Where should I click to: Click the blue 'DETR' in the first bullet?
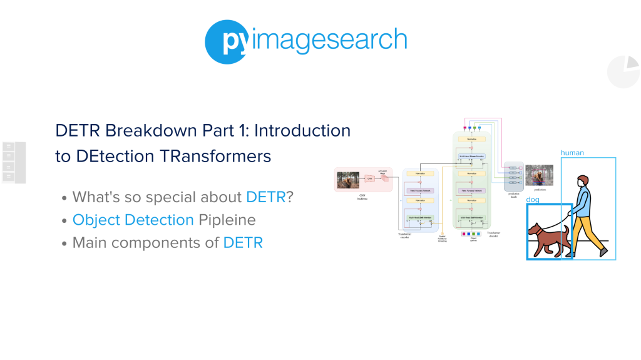click(265, 197)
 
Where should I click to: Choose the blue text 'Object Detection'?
click(133, 220)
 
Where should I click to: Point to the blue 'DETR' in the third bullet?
click(243, 242)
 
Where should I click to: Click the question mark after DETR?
click(290, 197)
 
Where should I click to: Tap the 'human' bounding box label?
click(572, 152)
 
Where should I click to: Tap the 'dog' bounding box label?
click(533, 200)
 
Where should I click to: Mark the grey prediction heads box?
click(513, 176)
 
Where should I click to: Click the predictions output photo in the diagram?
click(539, 175)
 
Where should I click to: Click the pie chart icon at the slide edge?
click(623, 71)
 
